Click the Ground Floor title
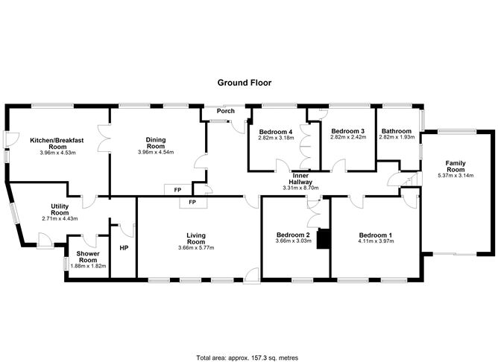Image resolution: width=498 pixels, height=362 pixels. (x=248, y=83)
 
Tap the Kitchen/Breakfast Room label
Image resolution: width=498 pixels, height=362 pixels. (x=57, y=144)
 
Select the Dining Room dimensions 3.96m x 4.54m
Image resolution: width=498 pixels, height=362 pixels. (x=156, y=153)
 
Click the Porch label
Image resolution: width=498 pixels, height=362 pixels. (x=225, y=111)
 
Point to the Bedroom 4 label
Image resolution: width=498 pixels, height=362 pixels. (x=275, y=130)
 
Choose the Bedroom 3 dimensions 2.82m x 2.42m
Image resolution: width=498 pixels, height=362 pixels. (x=347, y=137)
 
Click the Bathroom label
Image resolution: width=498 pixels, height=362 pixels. (x=395, y=130)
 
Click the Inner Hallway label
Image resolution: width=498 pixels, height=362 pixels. (x=300, y=178)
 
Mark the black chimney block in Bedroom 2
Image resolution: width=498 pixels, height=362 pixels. (x=323, y=240)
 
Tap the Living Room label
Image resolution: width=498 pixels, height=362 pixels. (x=196, y=238)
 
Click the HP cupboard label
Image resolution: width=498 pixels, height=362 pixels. (x=123, y=248)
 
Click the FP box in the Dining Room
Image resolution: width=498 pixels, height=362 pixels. (x=177, y=190)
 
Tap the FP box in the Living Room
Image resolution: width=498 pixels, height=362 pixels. (x=192, y=202)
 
